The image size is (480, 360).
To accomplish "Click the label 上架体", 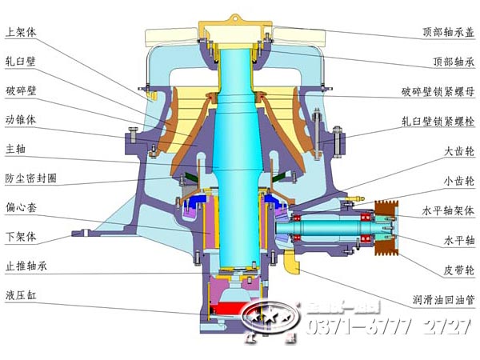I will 21,33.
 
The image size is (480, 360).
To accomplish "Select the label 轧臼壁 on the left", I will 21,62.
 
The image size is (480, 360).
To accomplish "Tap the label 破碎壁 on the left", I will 21,90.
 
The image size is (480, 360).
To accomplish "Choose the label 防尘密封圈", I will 31,178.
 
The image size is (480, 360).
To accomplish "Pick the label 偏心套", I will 21,207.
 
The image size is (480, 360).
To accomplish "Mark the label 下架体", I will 21,237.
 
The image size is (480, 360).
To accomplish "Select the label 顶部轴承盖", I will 449,34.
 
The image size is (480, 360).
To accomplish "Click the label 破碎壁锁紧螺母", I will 438,93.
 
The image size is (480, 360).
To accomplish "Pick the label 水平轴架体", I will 449,211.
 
